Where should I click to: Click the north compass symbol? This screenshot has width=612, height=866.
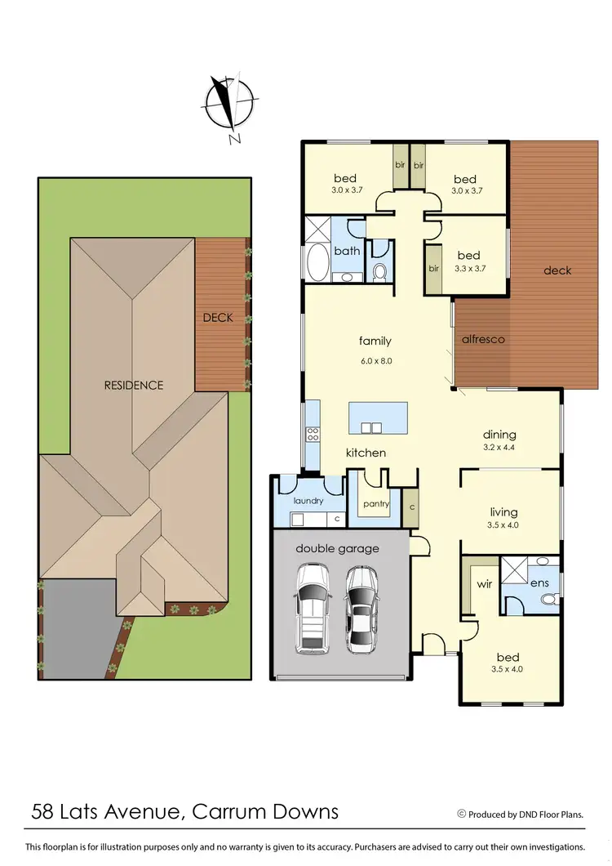point(231,105)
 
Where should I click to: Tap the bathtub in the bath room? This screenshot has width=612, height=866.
point(317,261)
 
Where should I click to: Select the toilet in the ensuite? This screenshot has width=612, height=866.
point(548,600)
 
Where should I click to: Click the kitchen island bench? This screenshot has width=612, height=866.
point(377,417)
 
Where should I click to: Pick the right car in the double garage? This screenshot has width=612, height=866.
point(361,609)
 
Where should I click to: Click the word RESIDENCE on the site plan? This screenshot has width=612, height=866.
point(134,385)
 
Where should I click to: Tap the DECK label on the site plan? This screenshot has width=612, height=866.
point(219,317)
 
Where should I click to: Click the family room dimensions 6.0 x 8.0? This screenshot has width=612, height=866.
point(375,360)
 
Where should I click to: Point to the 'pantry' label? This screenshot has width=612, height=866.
point(375,504)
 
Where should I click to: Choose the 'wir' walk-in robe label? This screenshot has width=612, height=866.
point(484,586)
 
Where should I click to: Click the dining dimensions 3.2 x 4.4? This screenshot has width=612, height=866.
point(499,449)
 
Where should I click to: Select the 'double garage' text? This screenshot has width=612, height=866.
point(337,548)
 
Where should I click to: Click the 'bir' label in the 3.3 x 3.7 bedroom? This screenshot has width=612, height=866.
point(434,268)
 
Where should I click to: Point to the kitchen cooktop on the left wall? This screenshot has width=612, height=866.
point(312,435)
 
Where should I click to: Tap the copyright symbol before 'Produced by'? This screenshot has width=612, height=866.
point(461,814)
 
